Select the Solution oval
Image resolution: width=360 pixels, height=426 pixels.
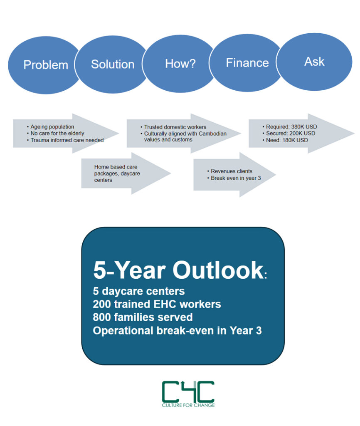112,64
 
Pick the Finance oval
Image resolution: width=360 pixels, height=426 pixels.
247,63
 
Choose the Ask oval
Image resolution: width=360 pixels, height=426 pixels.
314,62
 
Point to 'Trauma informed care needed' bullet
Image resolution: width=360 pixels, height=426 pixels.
65,140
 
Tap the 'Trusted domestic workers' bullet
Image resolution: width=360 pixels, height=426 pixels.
173,127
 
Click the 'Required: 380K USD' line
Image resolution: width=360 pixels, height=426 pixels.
290,126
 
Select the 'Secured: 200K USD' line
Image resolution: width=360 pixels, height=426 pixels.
289,134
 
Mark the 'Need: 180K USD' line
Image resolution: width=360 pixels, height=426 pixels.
285,140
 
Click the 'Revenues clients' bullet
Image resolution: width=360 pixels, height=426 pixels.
230,171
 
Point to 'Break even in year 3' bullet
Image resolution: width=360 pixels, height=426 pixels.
234,178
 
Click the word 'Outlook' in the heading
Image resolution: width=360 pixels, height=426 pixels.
218,270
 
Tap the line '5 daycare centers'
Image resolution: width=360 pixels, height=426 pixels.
139,291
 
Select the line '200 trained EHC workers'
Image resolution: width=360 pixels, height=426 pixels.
157,304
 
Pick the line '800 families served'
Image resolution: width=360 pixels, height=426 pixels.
143,317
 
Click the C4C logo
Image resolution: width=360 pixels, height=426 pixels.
188,394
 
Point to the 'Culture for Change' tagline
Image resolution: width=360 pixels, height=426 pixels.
188,405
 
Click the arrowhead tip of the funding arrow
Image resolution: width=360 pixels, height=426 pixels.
354,134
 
